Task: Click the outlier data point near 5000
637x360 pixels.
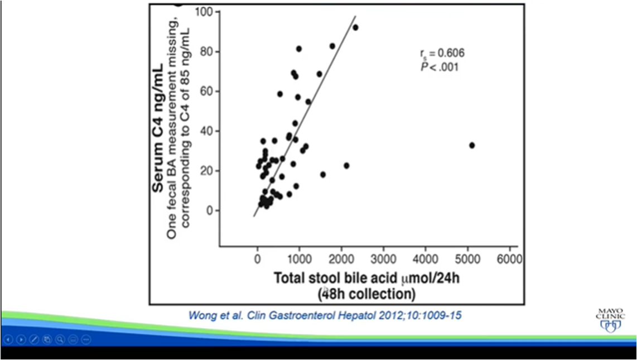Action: click(x=472, y=145)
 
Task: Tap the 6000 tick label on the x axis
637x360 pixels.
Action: click(x=509, y=260)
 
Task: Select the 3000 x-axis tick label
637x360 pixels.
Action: click(x=383, y=260)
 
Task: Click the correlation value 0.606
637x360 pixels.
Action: click(x=448, y=53)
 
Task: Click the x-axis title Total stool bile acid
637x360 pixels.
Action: click(x=346, y=277)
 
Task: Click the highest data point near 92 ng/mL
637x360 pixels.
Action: click(x=355, y=27)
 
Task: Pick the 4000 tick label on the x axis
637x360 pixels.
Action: click(x=425, y=260)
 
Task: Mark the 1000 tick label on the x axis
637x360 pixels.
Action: click(x=299, y=260)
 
